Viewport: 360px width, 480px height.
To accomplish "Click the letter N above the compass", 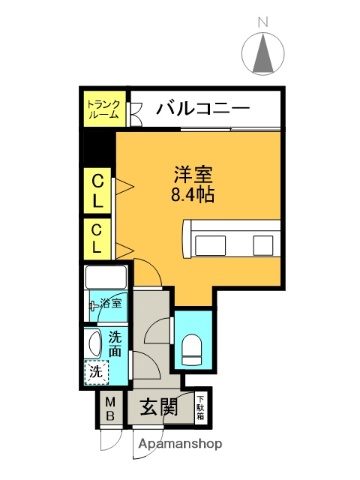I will [264, 21].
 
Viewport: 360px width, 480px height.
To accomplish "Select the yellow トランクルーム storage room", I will [103, 108].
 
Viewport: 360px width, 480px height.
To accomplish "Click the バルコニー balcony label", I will [203, 108].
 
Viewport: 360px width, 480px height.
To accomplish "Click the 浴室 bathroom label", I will [111, 303].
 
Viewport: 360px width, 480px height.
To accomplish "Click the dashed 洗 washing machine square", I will [94, 372].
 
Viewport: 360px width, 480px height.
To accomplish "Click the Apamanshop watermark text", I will [180, 443].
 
